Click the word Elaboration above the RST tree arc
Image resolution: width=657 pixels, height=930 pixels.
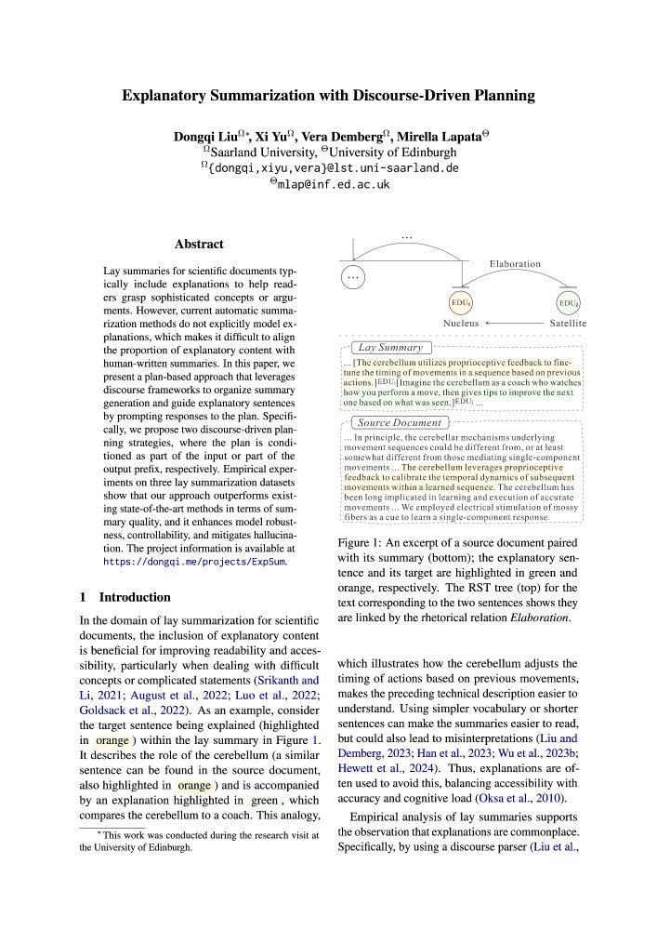(514, 263)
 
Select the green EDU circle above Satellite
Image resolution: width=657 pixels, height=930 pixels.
(568, 303)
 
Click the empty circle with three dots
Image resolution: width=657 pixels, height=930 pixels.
(354, 276)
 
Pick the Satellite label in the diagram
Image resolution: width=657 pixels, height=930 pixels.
(567, 324)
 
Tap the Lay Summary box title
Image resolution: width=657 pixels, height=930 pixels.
(376, 347)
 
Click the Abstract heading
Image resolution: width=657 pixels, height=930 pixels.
(199, 245)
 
